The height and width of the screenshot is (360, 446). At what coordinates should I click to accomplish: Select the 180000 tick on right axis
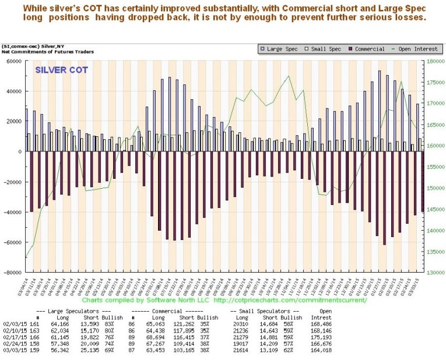(436, 61)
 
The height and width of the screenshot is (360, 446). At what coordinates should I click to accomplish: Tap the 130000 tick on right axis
(436, 273)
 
